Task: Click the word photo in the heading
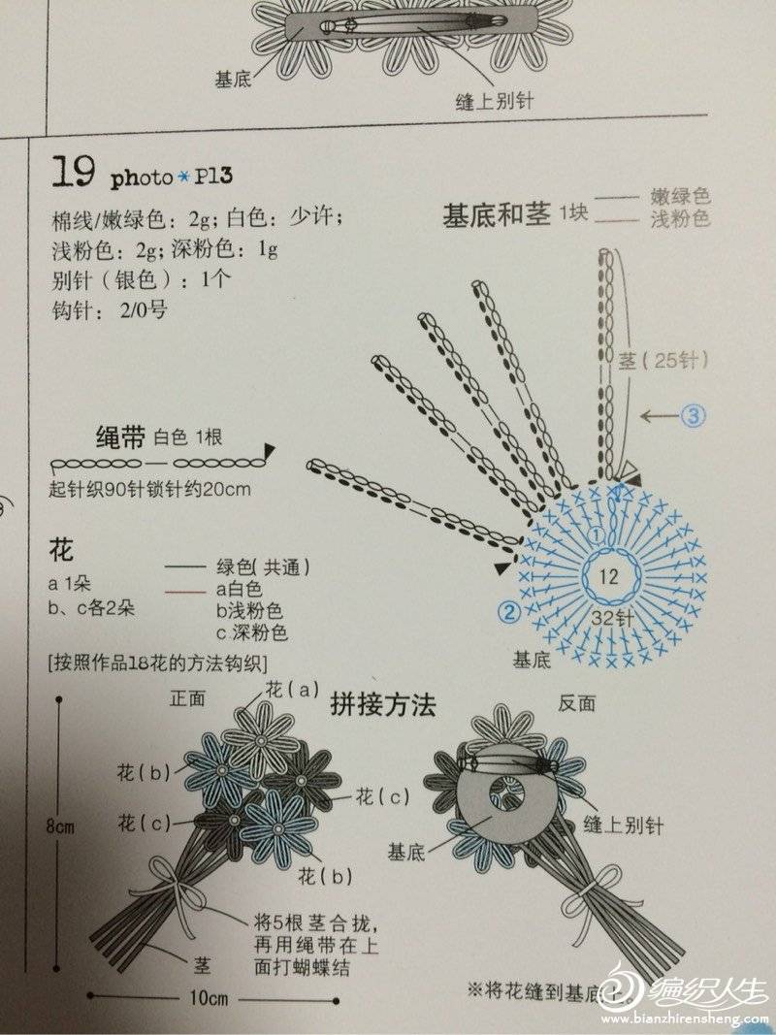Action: pos(142,178)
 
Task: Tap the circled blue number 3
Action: pos(694,415)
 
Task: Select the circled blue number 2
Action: pos(509,613)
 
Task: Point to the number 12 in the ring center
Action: pos(608,576)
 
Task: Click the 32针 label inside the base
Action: pos(612,618)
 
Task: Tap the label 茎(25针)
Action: pos(663,361)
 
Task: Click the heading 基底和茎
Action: pos(497,215)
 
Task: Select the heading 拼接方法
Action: pos(383,705)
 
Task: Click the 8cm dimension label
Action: pos(60,825)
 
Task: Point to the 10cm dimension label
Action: pos(209,997)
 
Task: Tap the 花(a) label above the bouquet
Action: pos(292,690)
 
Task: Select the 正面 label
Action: pos(187,698)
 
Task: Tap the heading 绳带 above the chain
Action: pos(120,437)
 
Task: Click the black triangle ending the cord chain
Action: pos(270,450)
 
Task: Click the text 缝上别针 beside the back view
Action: pos(623,825)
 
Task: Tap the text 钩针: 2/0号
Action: pos(110,309)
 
